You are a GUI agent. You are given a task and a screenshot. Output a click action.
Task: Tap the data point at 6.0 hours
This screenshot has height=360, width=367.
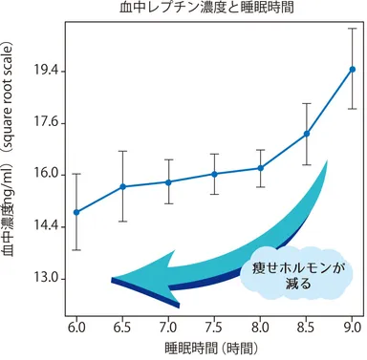pos(76,212)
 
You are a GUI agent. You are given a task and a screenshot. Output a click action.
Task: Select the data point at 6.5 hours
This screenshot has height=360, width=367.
pos(122,186)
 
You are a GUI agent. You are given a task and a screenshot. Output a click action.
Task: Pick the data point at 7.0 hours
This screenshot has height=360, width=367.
pos(168,181)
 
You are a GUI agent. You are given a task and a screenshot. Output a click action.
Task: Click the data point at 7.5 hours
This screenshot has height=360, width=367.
pos(214,174)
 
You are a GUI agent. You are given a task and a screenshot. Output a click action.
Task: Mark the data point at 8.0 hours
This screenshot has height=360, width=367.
pos(260,168)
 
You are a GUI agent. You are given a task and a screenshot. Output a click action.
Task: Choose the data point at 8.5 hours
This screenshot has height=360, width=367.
pos(306,134)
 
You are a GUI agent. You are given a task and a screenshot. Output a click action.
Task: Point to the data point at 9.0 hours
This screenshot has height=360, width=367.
pos(352,69)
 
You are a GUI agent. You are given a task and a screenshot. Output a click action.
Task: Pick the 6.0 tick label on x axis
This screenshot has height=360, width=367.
pos(76,328)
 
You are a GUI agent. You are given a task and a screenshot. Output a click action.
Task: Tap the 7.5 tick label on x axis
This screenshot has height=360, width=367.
pos(214,328)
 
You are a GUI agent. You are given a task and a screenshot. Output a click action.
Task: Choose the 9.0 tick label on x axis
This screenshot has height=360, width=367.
pos(352,328)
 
